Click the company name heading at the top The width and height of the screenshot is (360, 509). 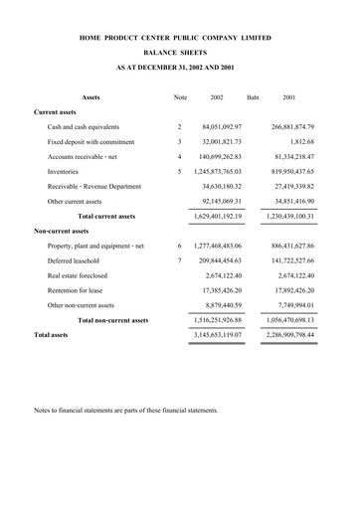click(180, 38)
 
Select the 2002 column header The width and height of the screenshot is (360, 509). click(217, 97)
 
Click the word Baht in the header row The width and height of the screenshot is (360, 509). click(253, 97)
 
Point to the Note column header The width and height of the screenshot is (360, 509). click(180, 97)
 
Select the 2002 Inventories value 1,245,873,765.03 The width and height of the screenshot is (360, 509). click(215, 171)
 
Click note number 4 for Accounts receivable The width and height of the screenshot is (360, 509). click(179, 156)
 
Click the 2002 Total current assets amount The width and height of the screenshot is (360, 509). click(215, 216)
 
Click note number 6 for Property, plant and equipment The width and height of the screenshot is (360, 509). click(179, 246)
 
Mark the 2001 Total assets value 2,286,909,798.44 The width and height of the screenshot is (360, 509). click(286, 336)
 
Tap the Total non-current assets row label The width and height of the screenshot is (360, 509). click(113, 320)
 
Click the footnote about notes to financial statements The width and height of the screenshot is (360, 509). click(125, 410)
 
